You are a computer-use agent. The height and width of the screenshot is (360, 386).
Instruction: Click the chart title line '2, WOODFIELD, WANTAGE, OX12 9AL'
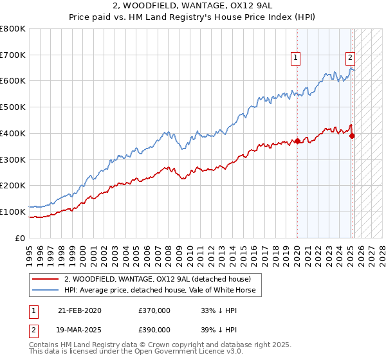point(193,6)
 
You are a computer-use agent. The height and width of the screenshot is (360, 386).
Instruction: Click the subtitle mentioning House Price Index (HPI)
point(193,18)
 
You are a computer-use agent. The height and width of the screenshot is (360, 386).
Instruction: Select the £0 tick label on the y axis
point(21,238)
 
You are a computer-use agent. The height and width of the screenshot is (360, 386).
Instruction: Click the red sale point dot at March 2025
point(352,136)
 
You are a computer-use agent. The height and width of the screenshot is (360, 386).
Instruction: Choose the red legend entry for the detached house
point(161,279)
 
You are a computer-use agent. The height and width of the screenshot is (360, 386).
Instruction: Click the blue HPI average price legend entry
point(160,290)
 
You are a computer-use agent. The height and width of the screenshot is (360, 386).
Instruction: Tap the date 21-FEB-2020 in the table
point(79,310)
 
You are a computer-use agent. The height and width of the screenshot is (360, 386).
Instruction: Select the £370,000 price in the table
point(154,310)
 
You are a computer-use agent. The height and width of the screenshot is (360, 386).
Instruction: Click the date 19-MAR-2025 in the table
point(79,328)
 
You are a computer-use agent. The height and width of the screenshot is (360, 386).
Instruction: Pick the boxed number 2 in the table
point(33,328)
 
